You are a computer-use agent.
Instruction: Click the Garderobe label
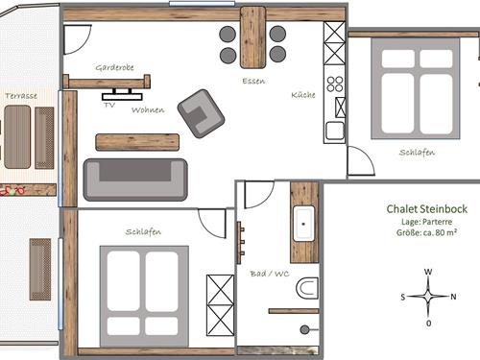(x=114, y=67)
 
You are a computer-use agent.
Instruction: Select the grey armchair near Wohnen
(x=201, y=113)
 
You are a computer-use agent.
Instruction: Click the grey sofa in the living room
(x=135, y=180)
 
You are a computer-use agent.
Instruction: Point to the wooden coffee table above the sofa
(x=137, y=142)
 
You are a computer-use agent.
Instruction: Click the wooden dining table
(x=252, y=37)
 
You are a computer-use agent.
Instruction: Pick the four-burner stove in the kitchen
(x=335, y=84)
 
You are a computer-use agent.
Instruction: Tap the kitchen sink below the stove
(x=335, y=132)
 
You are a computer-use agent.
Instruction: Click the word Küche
(x=303, y=95)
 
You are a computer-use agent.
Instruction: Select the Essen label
(x=253, y=81)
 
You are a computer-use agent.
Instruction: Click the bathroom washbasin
(x=303, y=224)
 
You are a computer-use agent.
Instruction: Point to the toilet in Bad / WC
(x=307, y=288)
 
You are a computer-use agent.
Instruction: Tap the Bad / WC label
(x=270, y=274)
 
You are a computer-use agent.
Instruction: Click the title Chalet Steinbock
(x=427, y=209)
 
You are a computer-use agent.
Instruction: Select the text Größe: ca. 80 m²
(x=426, y=232)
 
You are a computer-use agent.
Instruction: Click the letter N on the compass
(x=453, y=297)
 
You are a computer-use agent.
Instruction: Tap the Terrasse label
(x=21, y=96)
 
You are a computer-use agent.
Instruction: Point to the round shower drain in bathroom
(x=304, y=329)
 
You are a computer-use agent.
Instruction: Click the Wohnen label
(x=148, y=110)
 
